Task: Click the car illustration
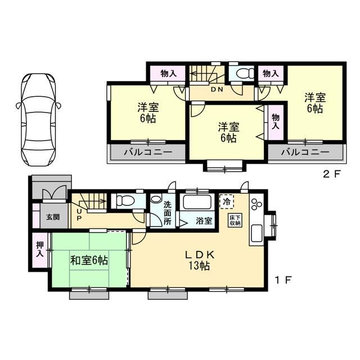38,120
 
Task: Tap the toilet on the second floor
242,74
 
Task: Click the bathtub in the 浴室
197,201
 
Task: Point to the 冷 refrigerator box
227,201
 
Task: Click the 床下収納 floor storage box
235,220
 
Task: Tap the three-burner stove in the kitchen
256,204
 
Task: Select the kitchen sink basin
257,233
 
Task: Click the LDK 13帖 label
200,260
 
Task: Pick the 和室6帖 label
89,261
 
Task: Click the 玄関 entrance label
53,217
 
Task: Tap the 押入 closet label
40,249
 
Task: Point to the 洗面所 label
168,214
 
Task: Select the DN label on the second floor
217,89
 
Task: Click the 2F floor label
331,174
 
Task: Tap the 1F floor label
283,280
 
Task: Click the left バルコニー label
148,152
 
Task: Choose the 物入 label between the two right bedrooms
276,121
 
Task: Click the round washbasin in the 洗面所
156,199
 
